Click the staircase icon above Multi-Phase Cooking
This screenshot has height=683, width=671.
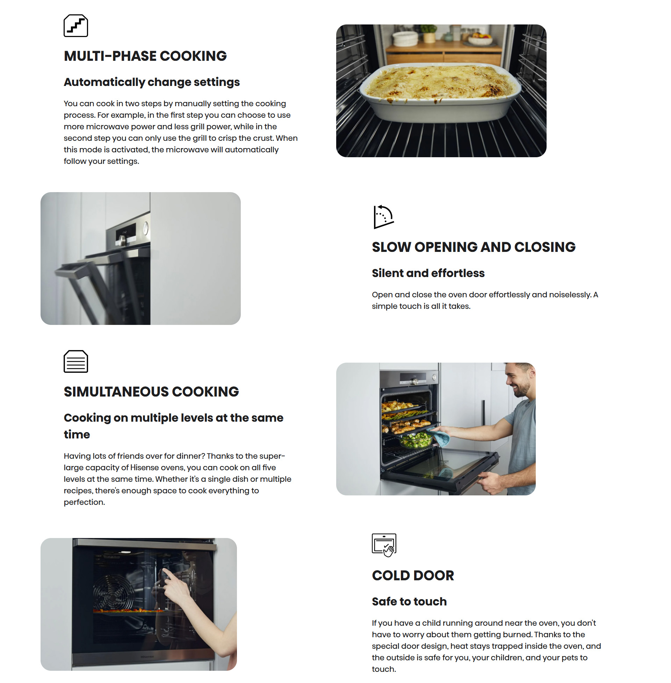76,26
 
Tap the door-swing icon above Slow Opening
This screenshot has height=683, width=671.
383,217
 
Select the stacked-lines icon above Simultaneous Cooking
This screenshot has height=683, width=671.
76,361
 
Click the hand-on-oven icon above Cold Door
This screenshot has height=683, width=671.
384,545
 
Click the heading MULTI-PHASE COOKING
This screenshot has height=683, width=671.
145,56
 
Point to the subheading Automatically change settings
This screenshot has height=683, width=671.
152,82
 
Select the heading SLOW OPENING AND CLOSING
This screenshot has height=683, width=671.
474,247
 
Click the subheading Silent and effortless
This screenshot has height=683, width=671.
428,273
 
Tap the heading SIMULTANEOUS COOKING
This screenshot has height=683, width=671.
151,392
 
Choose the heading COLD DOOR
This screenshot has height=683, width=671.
413,575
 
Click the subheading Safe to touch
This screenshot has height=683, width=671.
409,602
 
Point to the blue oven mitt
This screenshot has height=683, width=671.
439,437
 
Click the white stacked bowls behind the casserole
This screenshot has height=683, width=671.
405,38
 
